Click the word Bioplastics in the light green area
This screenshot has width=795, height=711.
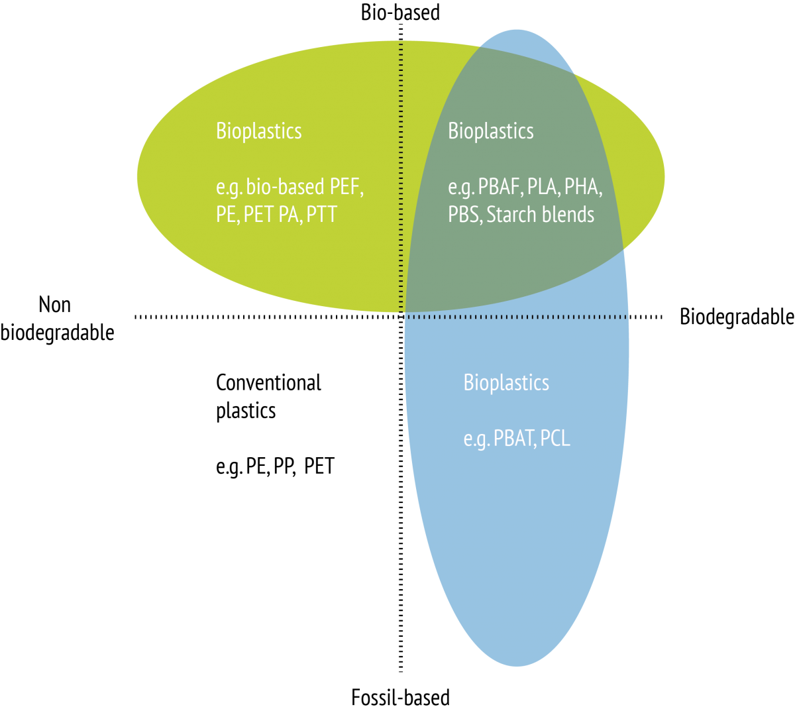258,131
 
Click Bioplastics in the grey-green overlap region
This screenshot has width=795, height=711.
490,131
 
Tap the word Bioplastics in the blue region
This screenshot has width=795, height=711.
506,383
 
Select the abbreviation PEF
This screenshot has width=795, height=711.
345,187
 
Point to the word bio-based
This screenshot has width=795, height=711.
285,188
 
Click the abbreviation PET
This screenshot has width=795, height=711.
258,215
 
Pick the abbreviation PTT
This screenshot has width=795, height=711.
322,215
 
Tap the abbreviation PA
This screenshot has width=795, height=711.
288,215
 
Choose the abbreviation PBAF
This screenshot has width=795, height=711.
499,187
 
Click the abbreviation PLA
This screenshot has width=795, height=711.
543,187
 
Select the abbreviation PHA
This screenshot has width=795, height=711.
582,187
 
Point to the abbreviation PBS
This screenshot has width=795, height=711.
464,215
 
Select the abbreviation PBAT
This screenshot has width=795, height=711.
514,439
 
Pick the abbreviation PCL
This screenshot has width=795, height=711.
555,439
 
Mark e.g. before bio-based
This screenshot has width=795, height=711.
229,188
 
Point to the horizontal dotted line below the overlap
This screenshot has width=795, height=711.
517,317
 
